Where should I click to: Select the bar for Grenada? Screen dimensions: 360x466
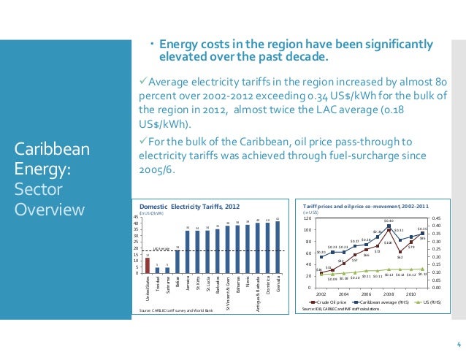[x=278, y=248]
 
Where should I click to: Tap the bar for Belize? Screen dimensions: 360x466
[x=177, y=261]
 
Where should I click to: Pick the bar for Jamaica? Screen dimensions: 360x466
[x=188, y=252]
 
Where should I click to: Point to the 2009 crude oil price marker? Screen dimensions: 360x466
[x=400, y=251]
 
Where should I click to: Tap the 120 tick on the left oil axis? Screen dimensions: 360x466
[x=308, y=218]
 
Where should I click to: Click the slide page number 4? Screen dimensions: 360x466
[x=458, y=344]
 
